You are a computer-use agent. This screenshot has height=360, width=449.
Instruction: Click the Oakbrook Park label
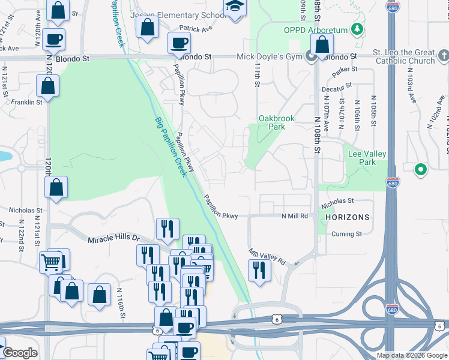click(x=276, y=122)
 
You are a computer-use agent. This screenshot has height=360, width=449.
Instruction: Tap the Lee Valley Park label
click(x=370, y=158)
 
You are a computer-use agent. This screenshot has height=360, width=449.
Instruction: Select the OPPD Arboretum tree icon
click(x=358, y=29)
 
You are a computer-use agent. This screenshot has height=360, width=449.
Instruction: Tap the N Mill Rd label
click(x=295, y=215)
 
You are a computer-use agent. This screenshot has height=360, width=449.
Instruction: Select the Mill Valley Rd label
click(x=268, y=256)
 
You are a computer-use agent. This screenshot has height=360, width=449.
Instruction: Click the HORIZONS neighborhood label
click(x=348, y=216)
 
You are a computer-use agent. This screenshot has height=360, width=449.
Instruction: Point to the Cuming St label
click(x=347, y=234)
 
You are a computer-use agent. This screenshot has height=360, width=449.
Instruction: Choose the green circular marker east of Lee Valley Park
click(x=421, y=170)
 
